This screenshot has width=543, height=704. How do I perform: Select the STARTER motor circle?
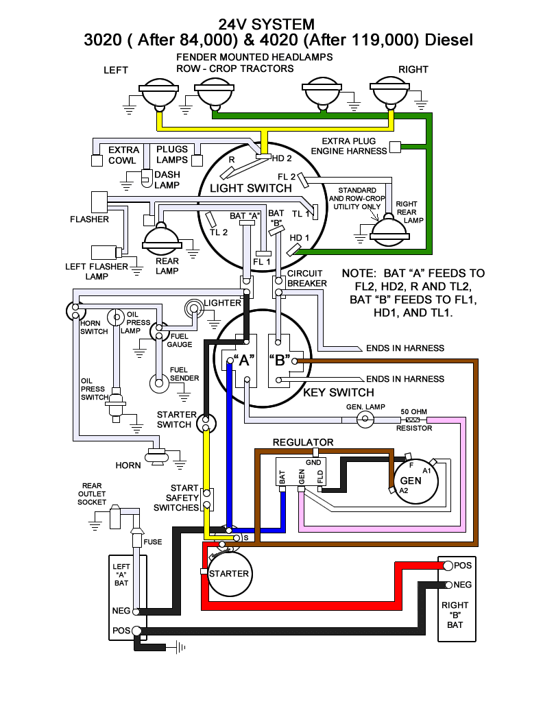point(228,573)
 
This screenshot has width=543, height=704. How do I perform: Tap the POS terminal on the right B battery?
point(448,566)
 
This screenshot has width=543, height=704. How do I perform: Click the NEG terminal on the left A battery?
point(136,611)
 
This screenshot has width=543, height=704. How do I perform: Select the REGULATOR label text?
point(303,442)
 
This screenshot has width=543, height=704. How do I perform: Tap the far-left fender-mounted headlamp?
point(158,94)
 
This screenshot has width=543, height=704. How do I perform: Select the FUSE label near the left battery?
point(153,542)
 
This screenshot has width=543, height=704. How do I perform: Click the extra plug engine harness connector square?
point(395,147)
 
